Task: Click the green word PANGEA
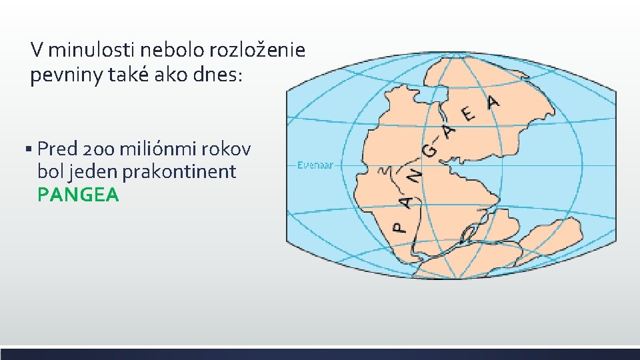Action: point(78,195)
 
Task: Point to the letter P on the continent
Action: point(399,227)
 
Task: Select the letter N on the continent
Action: point(415,176)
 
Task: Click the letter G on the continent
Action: point(430,151)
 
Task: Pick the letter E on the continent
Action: point(469,115)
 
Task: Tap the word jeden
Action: point(90,171)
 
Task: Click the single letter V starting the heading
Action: point(37,50)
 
